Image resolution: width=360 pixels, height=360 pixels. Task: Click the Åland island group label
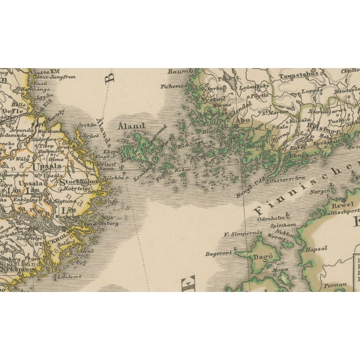coord(131,126)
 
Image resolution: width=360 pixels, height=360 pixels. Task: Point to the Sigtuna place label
coord(66,200)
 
